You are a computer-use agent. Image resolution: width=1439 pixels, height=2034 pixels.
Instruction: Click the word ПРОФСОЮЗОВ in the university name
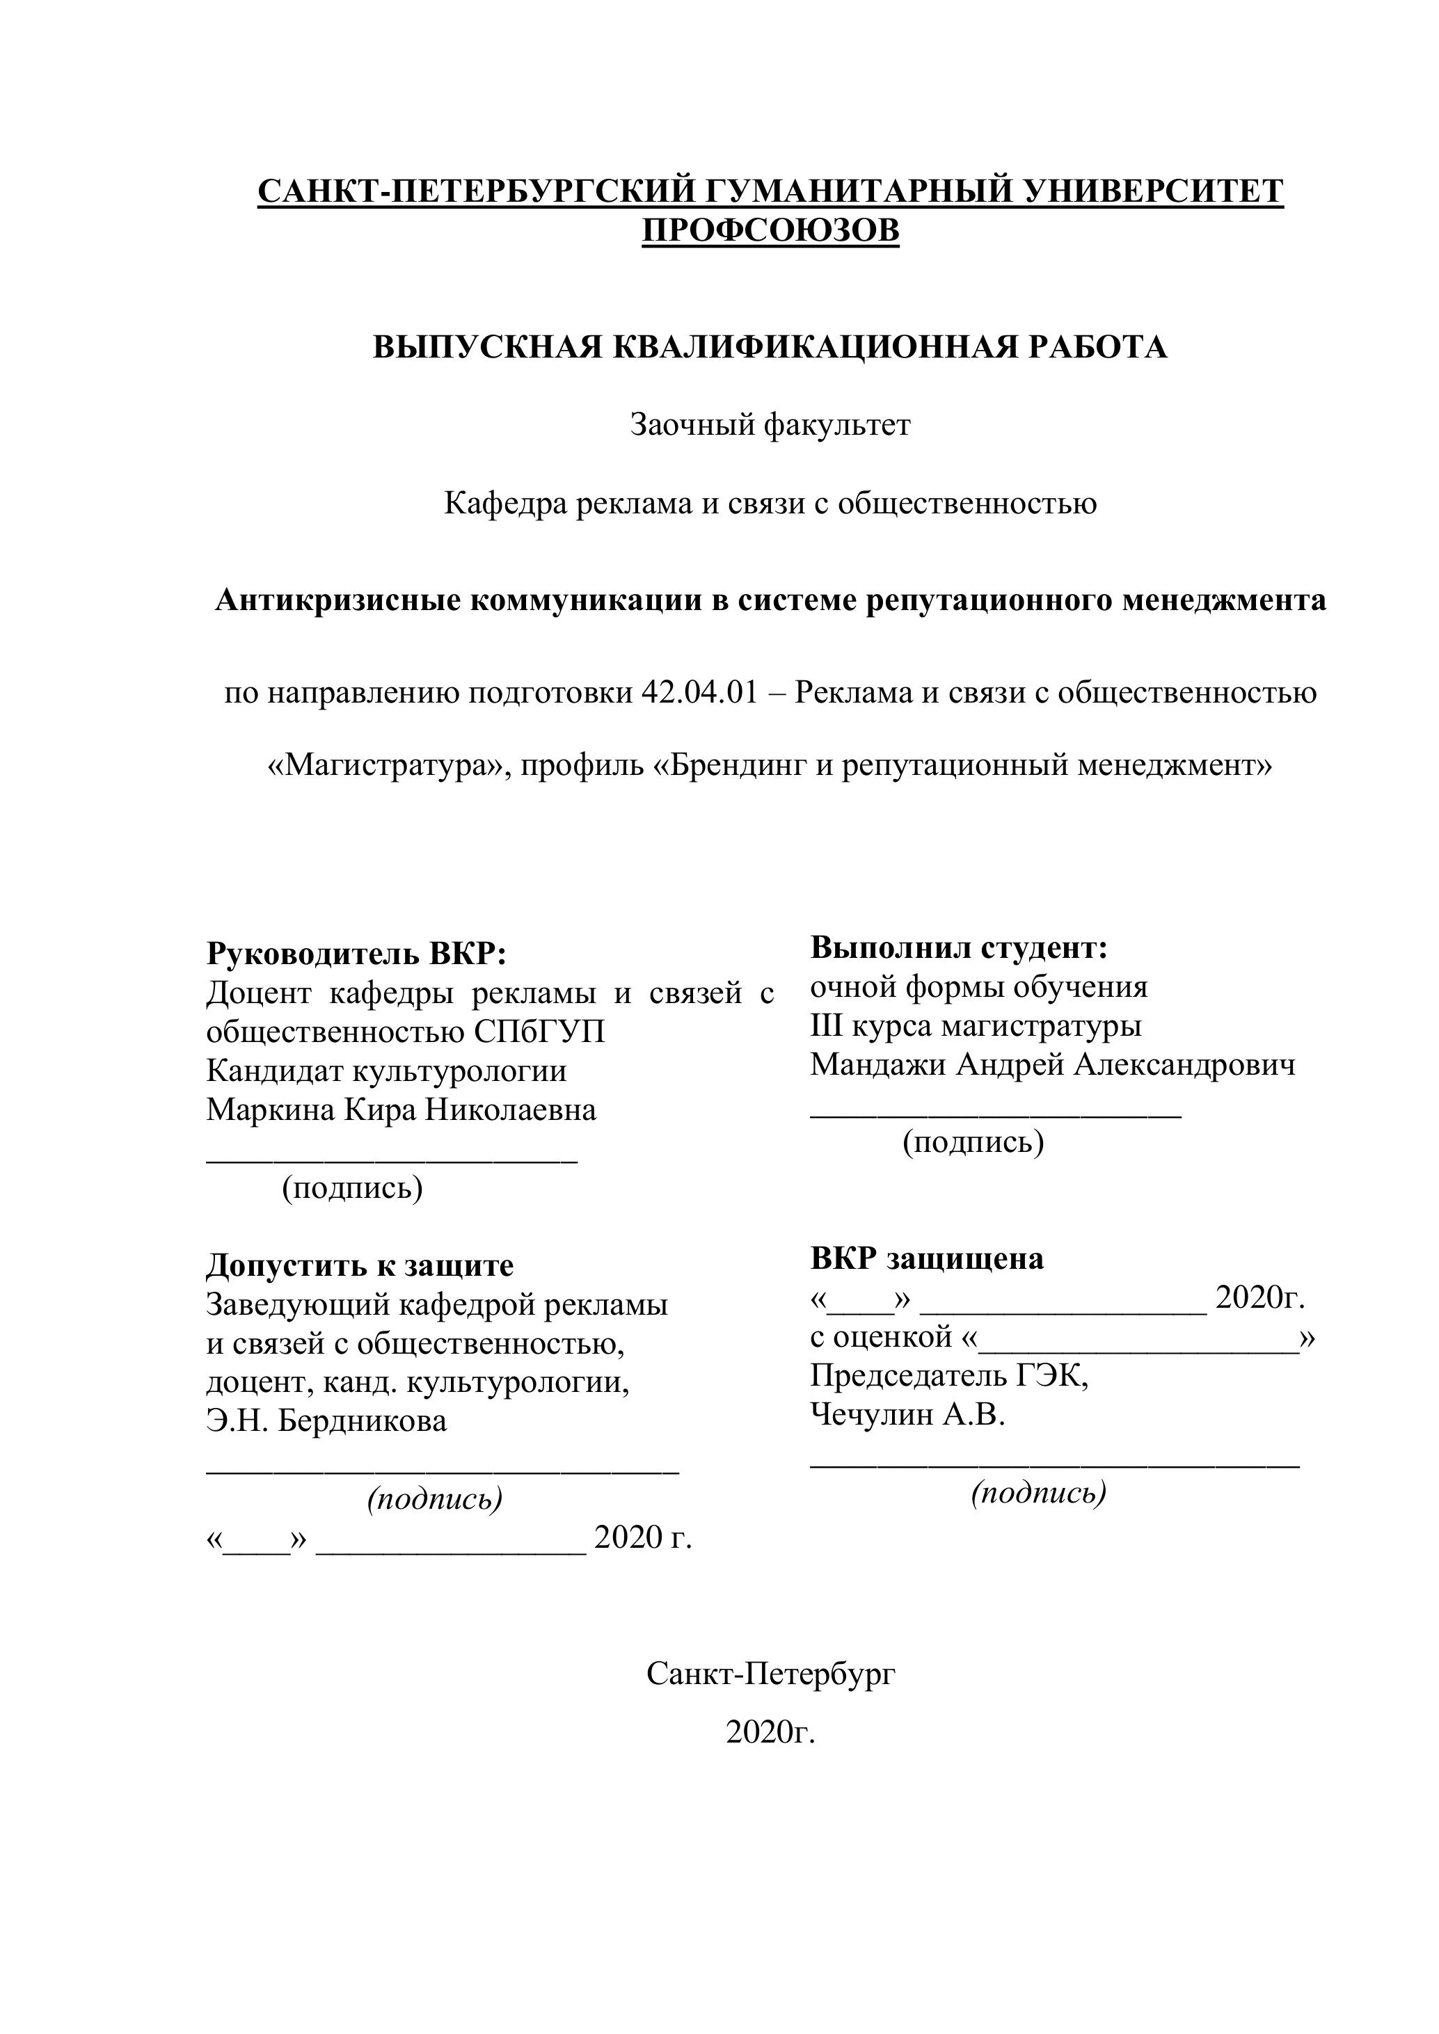770,230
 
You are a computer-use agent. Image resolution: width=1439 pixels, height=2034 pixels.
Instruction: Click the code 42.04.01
699,692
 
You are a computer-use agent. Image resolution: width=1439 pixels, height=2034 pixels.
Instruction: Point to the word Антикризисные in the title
337,600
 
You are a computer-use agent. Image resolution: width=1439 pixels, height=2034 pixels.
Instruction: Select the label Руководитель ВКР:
356,954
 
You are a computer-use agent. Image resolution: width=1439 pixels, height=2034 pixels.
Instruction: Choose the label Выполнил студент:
960,948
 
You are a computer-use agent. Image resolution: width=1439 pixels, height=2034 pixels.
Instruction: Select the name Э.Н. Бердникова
327,1421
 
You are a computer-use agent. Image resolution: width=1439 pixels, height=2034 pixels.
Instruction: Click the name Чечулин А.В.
908,1415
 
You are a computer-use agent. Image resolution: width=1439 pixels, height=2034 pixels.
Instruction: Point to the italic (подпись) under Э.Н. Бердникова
435,1498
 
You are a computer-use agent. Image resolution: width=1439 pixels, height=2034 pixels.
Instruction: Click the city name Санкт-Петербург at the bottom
770,1674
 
